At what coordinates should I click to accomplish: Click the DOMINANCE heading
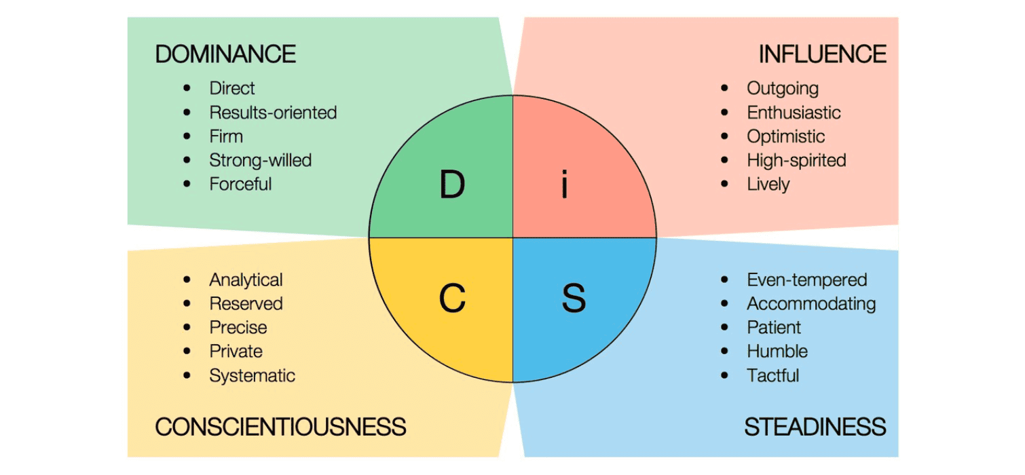coord(225,54)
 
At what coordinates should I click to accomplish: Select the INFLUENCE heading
coord(822,54)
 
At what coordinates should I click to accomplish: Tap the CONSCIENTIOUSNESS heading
coord(280,427)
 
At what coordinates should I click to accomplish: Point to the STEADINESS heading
coord(815,427)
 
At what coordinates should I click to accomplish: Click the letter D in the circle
coord(451,185)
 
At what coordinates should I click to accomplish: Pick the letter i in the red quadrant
coord(565,185)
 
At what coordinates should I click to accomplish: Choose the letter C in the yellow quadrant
coord(451,299)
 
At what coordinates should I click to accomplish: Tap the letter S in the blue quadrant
coord(574,299)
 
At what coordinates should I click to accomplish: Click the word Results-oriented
coord(273,113)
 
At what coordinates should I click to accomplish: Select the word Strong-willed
coord(260,160)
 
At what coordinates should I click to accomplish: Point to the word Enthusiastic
coord(794,113)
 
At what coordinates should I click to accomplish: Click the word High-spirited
coord(796,160)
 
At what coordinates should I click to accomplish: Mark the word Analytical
coord(246,280)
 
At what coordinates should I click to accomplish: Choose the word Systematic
coord(252,375)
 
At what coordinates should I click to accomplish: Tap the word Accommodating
coord(811,303)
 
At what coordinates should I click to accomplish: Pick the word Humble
coord(777,351)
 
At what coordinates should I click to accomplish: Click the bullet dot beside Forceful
coord(187,184)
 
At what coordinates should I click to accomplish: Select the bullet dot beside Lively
coord(725,184)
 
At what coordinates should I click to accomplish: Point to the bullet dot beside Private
coord(187,351)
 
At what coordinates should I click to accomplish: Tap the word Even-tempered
coord(806,280)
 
